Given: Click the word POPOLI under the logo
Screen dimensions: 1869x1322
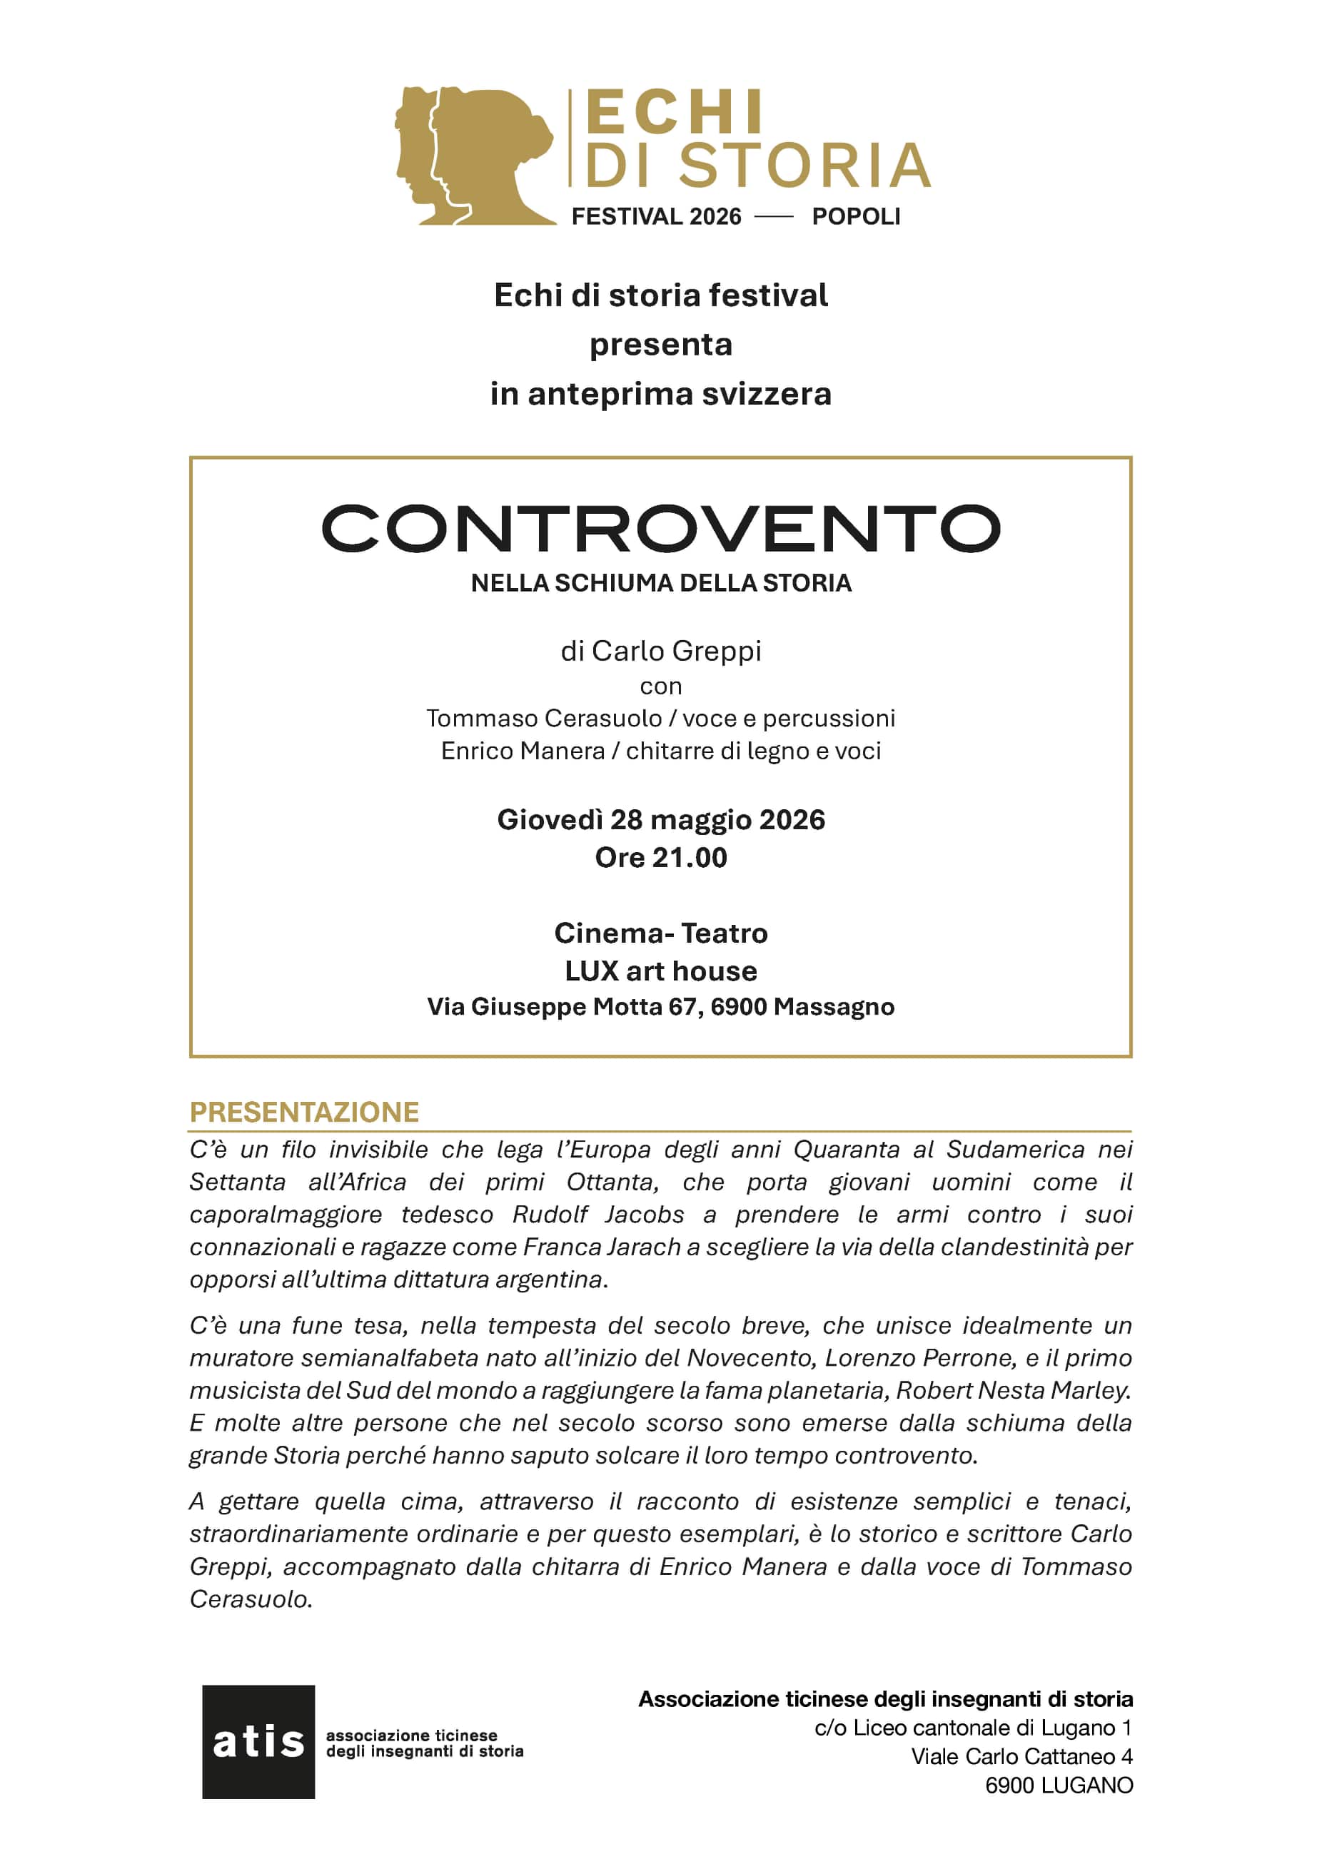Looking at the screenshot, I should (856, 216).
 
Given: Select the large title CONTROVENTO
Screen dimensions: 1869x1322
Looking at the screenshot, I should (660, 528).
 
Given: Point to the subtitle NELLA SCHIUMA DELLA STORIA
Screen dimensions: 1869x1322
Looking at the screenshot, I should (660, 583).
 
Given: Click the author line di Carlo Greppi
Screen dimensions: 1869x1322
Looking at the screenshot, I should (660, 650).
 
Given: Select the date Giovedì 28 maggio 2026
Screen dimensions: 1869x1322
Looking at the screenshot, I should (660, 819).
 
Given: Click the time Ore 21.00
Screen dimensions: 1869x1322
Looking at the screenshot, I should (660, 857).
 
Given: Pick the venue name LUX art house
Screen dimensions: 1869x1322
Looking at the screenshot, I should (660, 971).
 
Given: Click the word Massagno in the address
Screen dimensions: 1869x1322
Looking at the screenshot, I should (834, 1007).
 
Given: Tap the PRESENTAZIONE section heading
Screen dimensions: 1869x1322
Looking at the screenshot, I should (303, 1112).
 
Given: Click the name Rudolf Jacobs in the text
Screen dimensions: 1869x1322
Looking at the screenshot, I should (598, 1214).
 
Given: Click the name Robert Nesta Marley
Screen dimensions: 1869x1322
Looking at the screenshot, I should (1013, 1389).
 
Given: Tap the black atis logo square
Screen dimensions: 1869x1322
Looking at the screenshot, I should (258, 1741).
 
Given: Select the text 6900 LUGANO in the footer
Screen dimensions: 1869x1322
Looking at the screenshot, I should (1059, 1786).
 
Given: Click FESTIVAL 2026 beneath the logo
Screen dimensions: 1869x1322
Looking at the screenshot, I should (656, 216).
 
